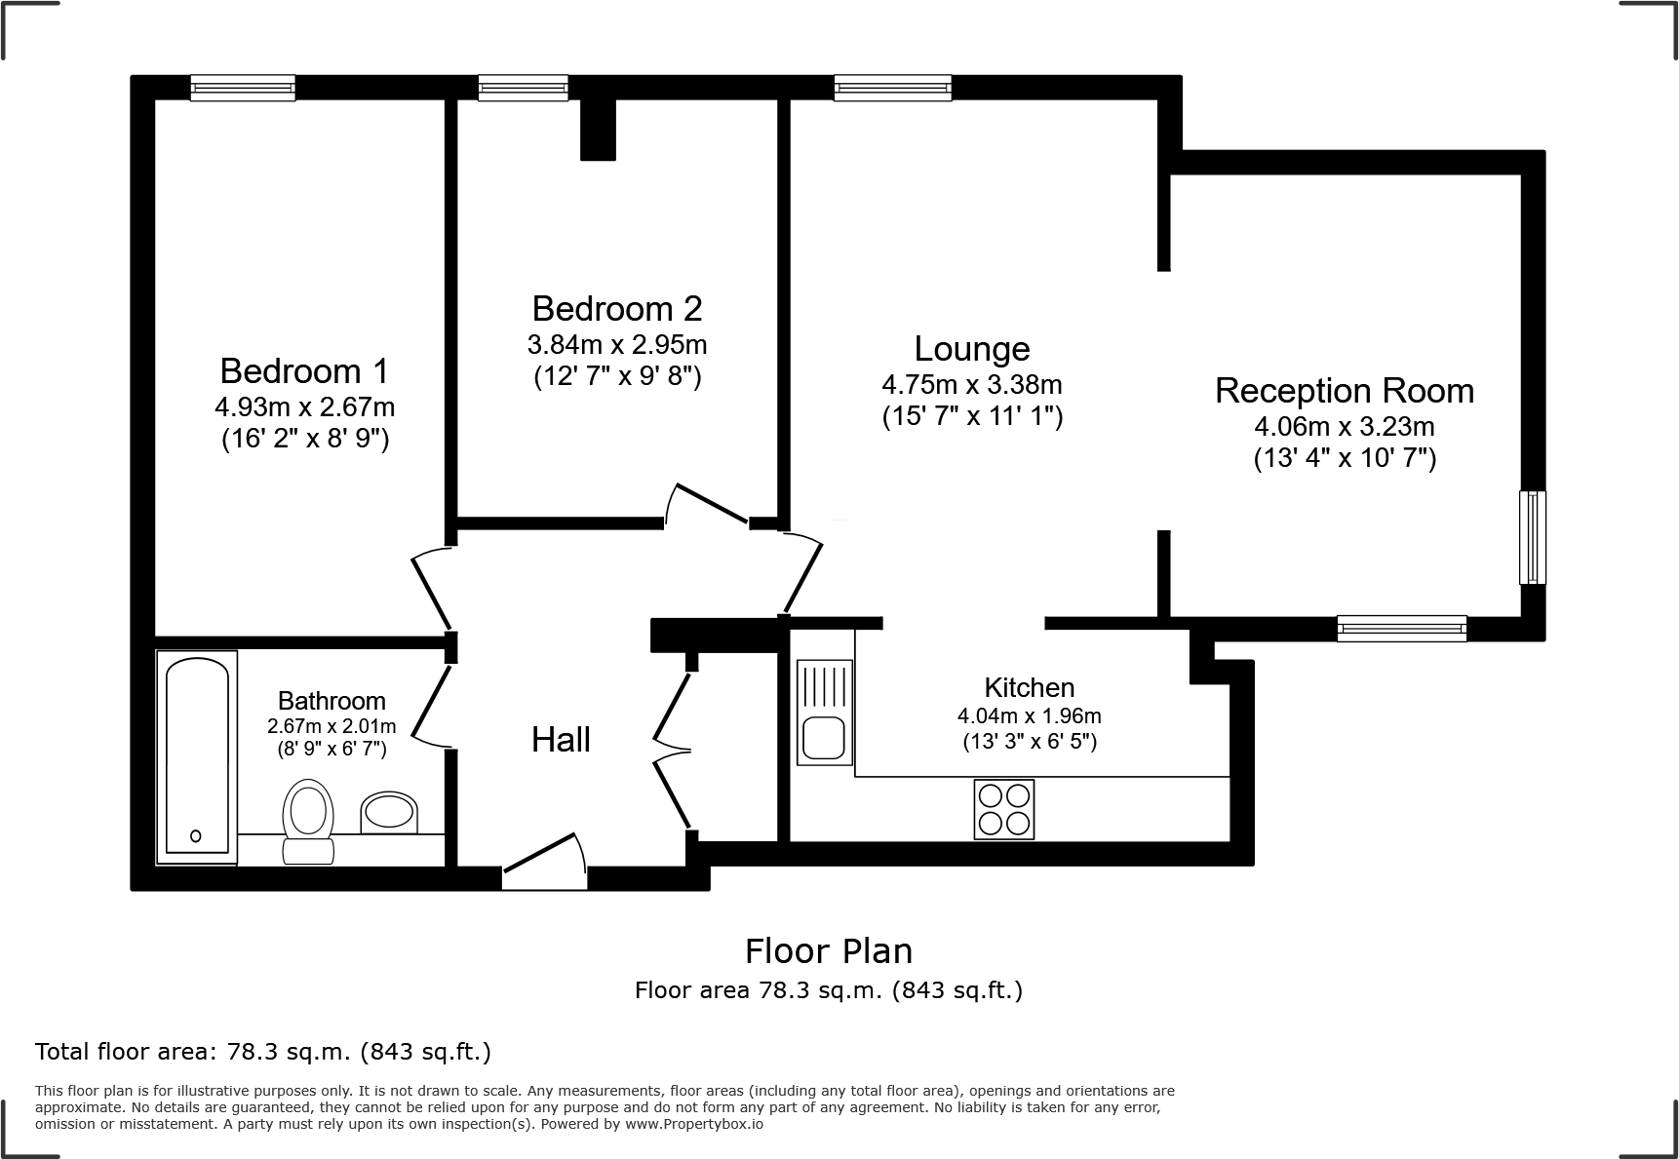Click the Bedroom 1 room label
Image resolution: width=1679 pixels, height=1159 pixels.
point(304,371)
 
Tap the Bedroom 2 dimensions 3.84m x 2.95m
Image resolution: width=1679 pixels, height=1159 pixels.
point(616,345)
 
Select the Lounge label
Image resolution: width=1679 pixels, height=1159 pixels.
point(971,349)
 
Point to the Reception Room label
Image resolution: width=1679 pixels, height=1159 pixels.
point(1344,391)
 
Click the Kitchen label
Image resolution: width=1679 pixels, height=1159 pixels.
point(1029,687)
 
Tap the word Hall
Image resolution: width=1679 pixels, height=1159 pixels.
point(561,740)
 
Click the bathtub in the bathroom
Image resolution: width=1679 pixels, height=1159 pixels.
point(197,756)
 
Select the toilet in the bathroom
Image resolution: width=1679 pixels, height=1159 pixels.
point(308,819)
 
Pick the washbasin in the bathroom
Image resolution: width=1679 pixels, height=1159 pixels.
point(389,812)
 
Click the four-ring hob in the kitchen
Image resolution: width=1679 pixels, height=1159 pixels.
point(1003,809)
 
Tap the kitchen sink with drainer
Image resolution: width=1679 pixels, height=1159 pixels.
point(825,712)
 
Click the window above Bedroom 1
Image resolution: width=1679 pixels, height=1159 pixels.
point(243,89)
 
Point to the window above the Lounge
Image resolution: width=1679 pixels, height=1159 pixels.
point(892,89)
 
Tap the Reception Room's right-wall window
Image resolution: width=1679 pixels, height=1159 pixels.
point(1532,537)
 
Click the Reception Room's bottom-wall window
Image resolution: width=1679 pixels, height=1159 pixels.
point(1401,629)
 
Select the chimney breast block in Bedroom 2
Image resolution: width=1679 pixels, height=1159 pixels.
point(598,130)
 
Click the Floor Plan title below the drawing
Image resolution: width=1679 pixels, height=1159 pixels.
point(828,950)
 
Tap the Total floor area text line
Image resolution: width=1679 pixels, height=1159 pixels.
point(263,1052)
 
